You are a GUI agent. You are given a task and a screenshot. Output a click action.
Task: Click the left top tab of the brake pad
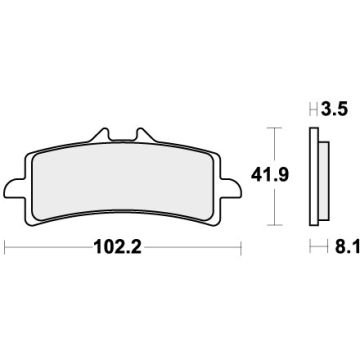[x=98, y=135]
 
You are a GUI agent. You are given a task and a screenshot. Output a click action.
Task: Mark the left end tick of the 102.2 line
[x=6, y=243]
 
